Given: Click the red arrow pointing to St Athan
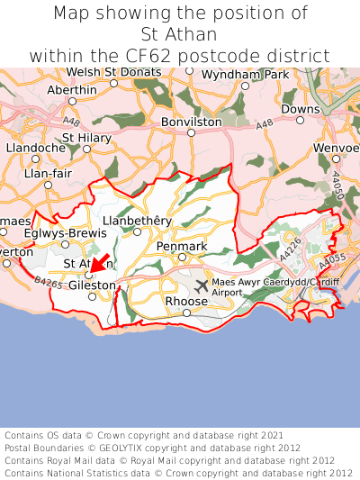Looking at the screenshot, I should (x=100, y=263).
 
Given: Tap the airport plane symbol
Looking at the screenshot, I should (x=201, y=286).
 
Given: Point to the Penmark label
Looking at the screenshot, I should (x=182, y=246).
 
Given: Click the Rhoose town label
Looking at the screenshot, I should (x=186, y=301).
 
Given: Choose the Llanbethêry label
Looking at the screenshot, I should (x=137, y=220).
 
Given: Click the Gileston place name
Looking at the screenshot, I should (x=92, y=285).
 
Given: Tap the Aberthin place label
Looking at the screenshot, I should (x=71, y=90).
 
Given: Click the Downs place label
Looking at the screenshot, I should (x=300, y=109).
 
